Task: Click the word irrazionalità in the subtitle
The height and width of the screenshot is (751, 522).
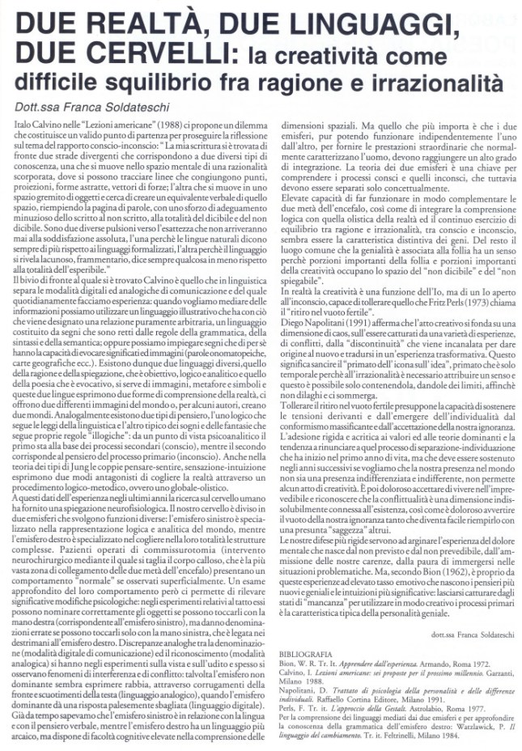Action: click(x=438, y=83)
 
